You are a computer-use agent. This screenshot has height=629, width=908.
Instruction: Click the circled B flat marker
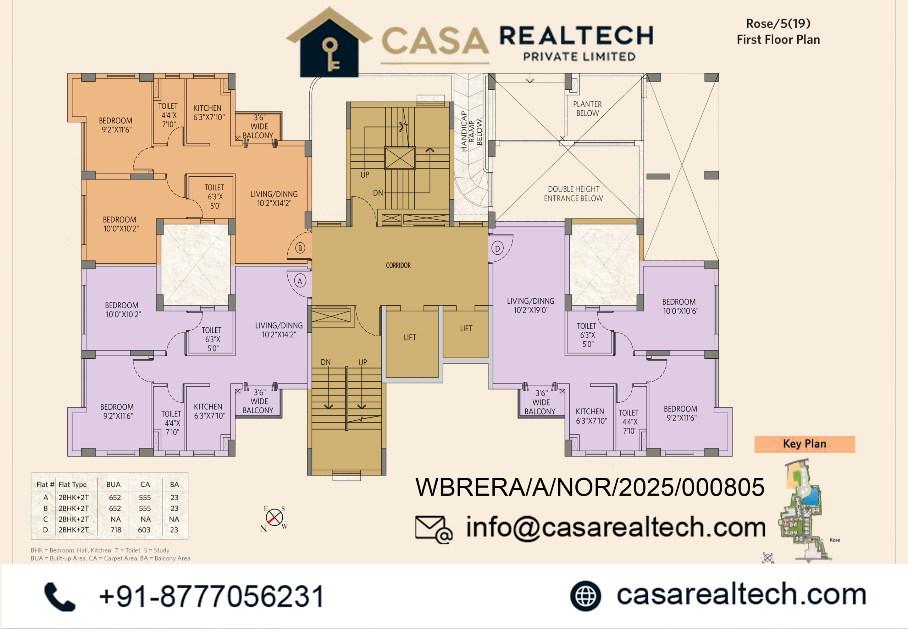[300, 248]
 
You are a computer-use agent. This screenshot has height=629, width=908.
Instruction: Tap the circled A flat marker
[300, 281]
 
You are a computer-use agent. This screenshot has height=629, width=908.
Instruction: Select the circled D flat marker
[498, 249]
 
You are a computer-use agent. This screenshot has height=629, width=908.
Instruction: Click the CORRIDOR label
[398, 265]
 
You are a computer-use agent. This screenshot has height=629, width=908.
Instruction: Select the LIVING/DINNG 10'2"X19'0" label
[531, 305]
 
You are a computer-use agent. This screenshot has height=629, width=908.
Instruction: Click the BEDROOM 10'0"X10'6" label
[680, 306]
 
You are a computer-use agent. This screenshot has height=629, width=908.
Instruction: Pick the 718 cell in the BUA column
[116, 530]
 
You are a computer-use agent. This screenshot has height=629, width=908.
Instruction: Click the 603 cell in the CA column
[144, 530]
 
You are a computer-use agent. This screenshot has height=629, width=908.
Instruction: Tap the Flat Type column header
[72, 484]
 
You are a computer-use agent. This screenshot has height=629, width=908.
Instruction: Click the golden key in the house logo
[330, 54]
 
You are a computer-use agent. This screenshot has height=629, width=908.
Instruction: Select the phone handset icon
[60, 596]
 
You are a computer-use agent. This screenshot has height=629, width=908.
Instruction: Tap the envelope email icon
[434, 529]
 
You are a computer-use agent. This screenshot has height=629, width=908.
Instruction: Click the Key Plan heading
[804, 444]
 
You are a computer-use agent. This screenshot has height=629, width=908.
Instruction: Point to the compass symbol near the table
[274, 518]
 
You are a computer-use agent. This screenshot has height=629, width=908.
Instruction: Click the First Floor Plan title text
[779, 39]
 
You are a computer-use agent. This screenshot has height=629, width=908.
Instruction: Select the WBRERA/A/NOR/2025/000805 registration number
[590, 487]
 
